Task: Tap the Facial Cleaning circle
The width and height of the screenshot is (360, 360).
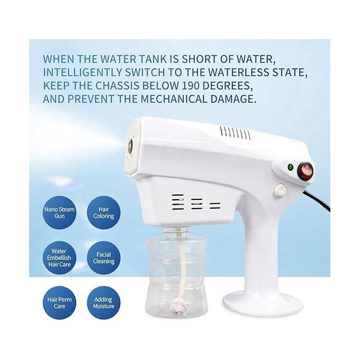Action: click(104, 258)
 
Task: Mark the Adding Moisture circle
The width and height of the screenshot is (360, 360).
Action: click(104, 303)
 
